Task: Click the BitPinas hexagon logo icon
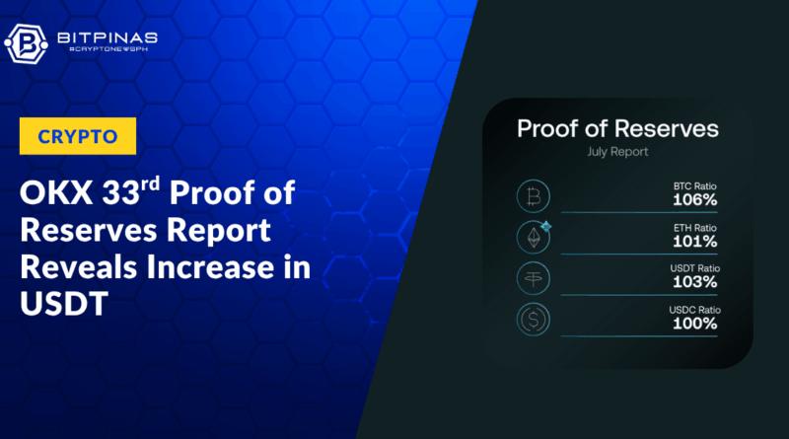27,44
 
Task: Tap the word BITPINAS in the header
108,37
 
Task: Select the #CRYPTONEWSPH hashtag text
108,49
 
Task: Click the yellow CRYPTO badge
78,136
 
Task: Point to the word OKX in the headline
56,192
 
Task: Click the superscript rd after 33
150,183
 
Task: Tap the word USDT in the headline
64,303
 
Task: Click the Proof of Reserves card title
617,129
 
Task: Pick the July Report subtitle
617,152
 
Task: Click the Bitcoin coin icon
534,196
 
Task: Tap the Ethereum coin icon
534,237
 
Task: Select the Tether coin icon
534,278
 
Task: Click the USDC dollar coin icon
534,320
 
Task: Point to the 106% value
695,200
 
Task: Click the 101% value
695,242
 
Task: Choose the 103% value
695,282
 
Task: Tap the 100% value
695,324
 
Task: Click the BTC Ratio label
695,186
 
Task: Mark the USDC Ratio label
694,310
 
